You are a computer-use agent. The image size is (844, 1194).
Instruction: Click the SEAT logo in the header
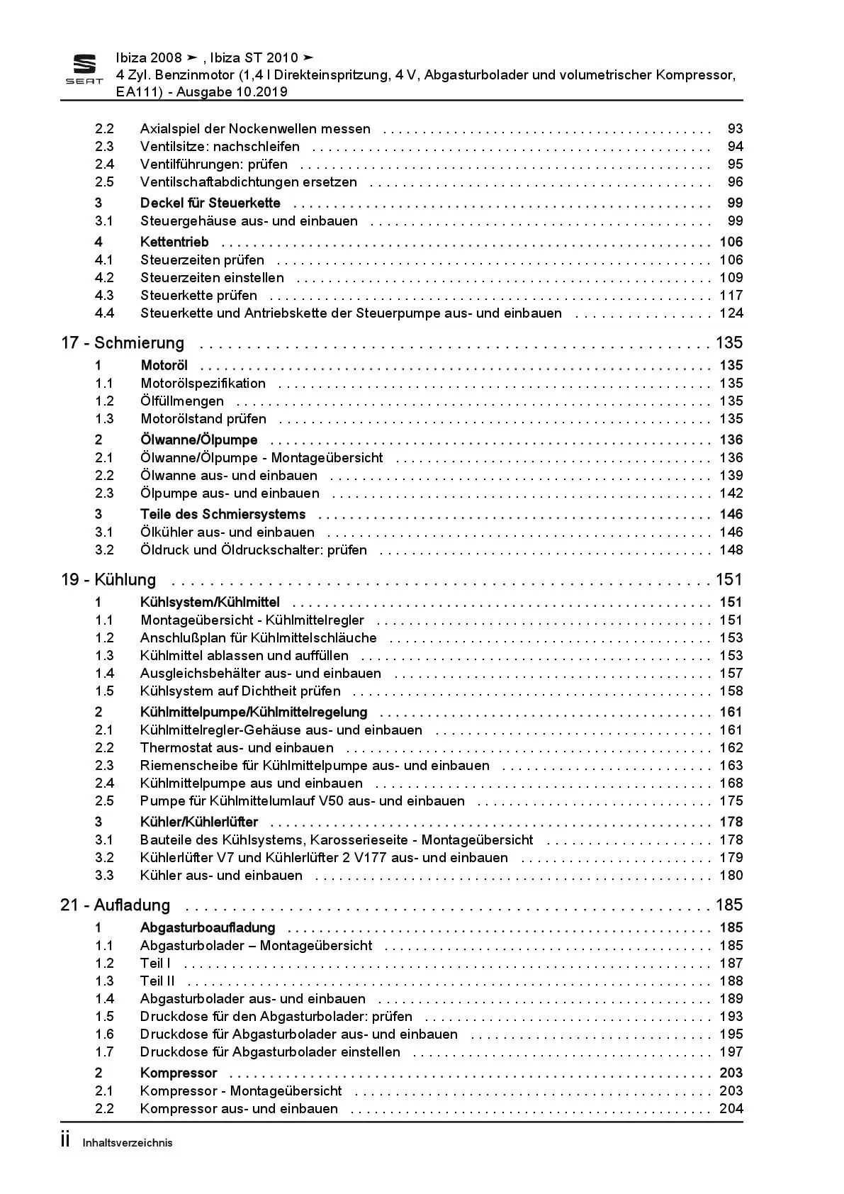[84, 69]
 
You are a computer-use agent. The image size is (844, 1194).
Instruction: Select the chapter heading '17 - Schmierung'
[123, 343]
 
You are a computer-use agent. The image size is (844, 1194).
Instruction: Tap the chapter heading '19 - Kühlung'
[108, 580]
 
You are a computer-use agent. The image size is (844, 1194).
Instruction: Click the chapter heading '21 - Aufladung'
[116, 905]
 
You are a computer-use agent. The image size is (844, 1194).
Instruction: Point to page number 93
[735, 129]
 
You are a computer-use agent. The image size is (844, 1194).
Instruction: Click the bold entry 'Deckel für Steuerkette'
[210, 203]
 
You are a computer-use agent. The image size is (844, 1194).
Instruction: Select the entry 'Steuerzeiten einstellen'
[212, 278]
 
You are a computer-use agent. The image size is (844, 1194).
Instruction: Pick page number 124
[731, 313]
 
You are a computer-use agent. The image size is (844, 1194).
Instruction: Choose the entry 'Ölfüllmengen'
[182, 401]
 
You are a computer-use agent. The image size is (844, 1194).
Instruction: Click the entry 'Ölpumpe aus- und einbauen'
[230, 493]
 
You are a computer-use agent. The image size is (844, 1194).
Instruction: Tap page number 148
[731, 550]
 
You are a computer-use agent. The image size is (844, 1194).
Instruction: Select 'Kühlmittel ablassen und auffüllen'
[244, 656]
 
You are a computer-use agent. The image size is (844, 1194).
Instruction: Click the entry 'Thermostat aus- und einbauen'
[237, 748]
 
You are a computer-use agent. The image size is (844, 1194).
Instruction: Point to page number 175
[731, 801]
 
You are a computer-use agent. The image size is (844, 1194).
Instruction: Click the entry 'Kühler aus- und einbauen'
[221, 876]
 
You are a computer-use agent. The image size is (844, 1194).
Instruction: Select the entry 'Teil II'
[157, 981]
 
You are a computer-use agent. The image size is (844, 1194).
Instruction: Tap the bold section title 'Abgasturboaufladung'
[208, 928]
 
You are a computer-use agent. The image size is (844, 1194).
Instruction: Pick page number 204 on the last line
[731, 1109]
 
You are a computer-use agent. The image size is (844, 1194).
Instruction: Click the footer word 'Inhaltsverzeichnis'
[128, 1143]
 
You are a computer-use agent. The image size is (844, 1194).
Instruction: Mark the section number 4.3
[105, 296]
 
